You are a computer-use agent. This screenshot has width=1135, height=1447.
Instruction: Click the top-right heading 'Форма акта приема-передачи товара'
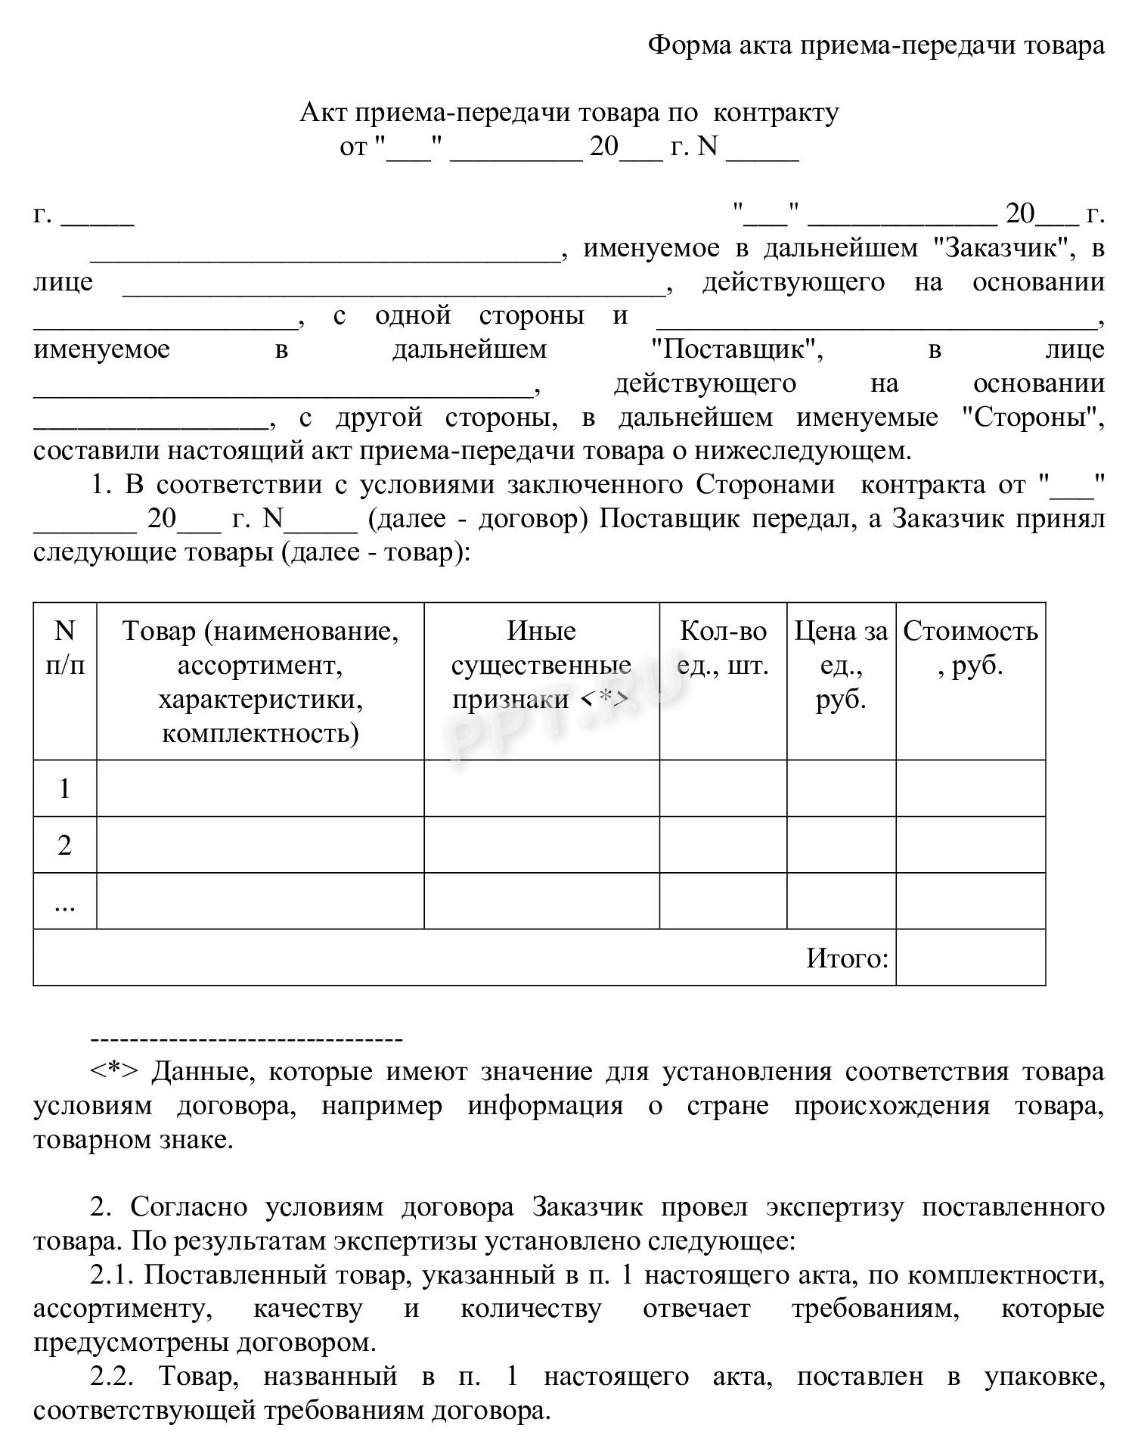click(x=876, y=45)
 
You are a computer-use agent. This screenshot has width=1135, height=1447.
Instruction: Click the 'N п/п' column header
click(x=65, y=647)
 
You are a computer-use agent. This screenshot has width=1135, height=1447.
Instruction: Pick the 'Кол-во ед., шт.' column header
click(x=723, y=647)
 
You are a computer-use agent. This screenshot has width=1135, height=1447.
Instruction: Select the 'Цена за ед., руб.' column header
click(x=841, y=664)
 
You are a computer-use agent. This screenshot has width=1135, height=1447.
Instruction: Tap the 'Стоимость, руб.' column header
click(x=970, y=647)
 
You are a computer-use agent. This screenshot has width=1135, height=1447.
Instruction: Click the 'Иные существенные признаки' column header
click(x=541, y=664)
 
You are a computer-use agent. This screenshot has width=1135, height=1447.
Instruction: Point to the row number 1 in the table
click(x=65, y=789)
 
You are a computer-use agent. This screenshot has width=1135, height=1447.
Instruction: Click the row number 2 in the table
click(x=65, y=845)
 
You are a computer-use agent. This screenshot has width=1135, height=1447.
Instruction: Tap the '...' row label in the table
click(x=65, y=902)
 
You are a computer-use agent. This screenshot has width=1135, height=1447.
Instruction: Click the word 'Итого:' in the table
click(x=847, y=958)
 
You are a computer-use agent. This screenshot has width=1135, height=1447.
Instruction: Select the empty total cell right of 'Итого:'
click(x=970, y=958)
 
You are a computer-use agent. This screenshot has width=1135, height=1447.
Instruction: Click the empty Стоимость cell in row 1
click(x=970, y=788)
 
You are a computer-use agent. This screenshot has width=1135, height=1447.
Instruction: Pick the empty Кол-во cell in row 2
click(x=723, y=845)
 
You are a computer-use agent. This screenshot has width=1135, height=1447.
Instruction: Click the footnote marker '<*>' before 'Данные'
click(x=114, y=1072)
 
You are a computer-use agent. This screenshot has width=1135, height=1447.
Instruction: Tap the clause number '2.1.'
click(x=113, y=1275)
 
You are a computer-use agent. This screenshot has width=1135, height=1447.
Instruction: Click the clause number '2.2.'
click(x=113, y=1377)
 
